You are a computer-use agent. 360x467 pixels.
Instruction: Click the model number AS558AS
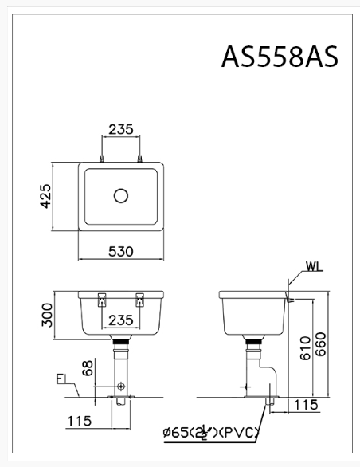tap(280, 57)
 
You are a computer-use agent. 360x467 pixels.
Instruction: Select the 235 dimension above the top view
tap(120, 129)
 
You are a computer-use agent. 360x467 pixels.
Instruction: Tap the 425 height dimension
tap(45, 195)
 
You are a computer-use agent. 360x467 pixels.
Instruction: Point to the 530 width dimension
tap(120, 251)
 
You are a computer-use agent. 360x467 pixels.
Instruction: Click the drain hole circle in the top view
tap(121, 195)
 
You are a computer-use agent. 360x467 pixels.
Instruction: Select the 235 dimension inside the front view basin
tap(120, 320)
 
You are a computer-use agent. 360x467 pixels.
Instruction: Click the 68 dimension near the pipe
tap(88, 368)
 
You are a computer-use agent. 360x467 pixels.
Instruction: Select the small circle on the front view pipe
tap(120, 386)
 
